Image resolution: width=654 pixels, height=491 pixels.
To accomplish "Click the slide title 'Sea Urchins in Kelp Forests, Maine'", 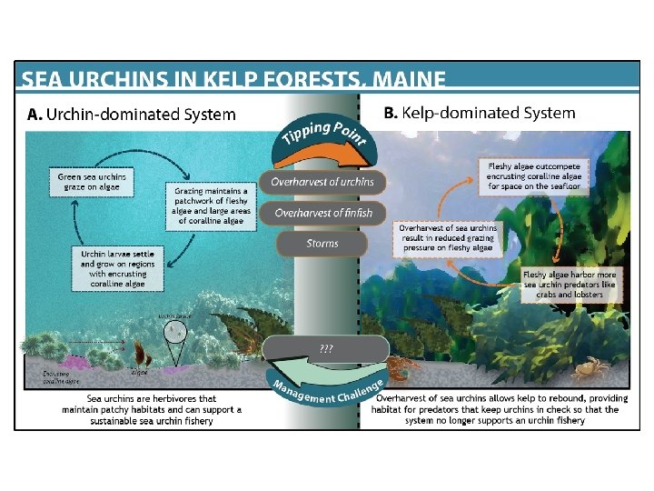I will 233,80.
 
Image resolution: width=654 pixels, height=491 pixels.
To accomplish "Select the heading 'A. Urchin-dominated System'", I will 132,115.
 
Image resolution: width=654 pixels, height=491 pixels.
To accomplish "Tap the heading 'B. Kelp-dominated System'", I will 480,114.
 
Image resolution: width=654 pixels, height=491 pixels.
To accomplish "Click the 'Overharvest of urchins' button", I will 322,182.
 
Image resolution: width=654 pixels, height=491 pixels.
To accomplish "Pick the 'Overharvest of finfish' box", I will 322,213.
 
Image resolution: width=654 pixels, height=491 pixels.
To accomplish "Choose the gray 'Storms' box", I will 322,244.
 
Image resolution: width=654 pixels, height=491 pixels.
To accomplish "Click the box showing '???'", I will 325,348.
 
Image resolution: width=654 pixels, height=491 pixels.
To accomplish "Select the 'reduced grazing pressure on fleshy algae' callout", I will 449,238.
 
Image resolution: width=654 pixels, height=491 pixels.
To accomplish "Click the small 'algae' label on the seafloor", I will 140,373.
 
